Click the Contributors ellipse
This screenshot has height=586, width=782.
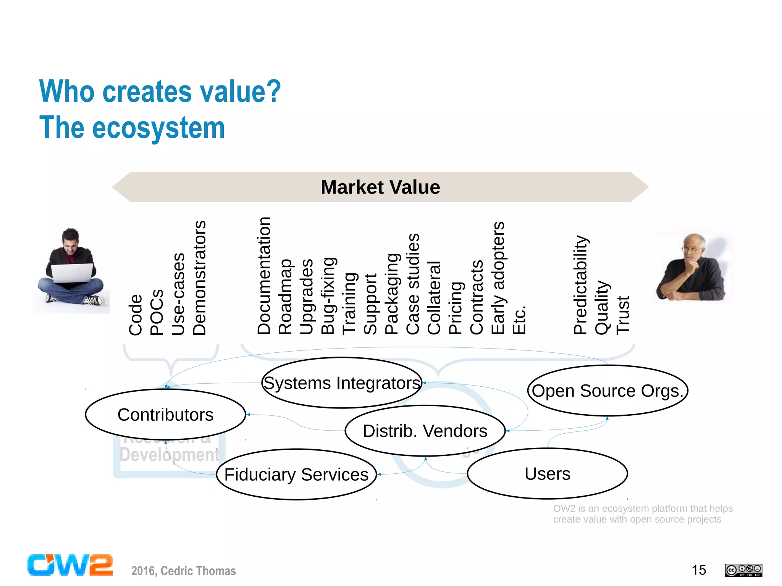click(165, 415)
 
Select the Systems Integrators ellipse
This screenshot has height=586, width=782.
click(342, 383)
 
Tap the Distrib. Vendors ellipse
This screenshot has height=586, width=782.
click(425, 431)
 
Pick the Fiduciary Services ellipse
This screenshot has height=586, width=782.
click(296, 475)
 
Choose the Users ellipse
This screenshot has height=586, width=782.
click(547, 474)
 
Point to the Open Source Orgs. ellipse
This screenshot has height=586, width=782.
click(608, 391)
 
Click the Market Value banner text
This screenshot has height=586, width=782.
click(380, 187)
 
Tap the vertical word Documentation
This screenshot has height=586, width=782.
click(264, 276)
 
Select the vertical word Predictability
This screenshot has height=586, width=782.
click(580, 285)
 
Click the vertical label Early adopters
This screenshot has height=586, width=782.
click(498, 278)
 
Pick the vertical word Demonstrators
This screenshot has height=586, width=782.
click(199, 278)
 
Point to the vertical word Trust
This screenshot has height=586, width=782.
click(623, 315)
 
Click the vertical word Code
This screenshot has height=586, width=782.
click(136, 315)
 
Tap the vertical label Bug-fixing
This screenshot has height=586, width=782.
click(328, 296)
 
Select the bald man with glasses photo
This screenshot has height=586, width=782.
click(692, 266)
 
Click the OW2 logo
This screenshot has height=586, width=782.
click(70, 565)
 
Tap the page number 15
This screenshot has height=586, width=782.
click(699, 570)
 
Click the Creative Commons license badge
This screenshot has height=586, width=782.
click(743, 570)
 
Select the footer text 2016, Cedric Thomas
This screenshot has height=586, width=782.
click(183, 571)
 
